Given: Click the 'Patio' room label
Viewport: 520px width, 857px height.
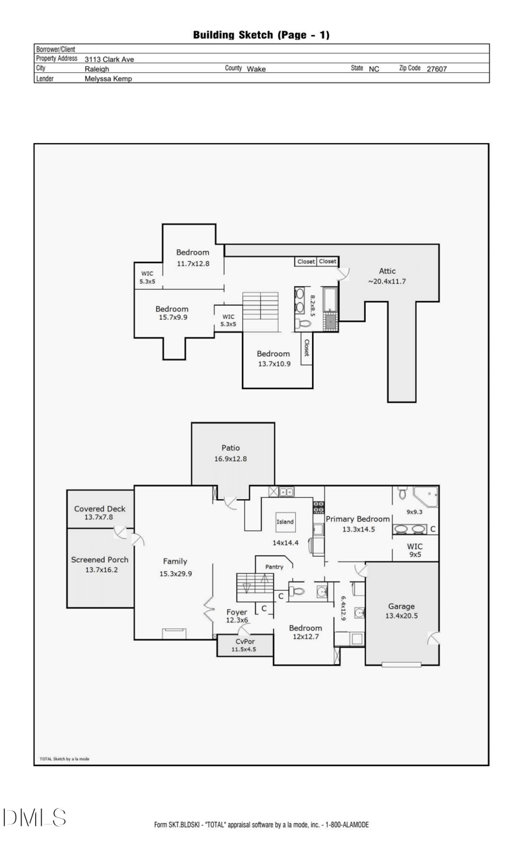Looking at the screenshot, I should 231,448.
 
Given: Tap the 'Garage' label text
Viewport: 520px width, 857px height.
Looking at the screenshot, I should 401,606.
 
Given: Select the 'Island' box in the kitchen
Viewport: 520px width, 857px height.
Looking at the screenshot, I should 285,522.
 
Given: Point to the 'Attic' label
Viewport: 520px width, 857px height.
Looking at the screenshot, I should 387,271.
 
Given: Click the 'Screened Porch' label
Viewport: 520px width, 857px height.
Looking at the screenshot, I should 99,559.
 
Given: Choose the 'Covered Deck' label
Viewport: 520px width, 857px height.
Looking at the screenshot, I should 99,509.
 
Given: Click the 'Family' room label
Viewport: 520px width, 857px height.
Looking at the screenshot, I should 175,561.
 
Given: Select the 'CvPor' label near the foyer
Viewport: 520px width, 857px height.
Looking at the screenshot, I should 244,641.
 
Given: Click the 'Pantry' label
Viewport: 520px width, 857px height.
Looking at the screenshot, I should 274,567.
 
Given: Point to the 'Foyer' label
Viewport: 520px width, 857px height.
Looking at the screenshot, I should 237,611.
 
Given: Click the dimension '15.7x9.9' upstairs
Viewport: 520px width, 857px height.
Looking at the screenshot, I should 172,319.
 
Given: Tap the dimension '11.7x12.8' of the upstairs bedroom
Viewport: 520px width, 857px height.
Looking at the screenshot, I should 193,264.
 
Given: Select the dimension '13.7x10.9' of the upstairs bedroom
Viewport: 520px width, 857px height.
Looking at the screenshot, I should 273,364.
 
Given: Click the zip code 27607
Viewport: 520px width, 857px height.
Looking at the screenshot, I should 436,68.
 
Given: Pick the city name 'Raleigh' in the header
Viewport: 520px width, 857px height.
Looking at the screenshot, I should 97,68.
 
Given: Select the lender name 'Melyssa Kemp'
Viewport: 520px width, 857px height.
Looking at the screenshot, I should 109,78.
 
